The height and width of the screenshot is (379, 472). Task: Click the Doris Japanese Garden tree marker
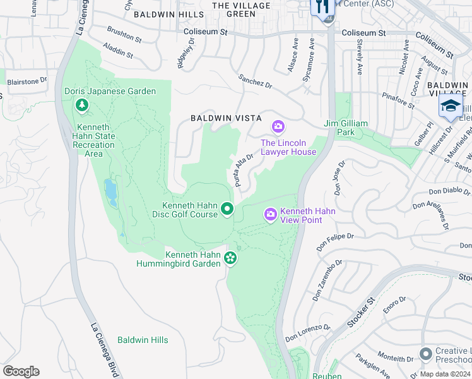pos(81,105)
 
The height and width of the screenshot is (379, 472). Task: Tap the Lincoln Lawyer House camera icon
pos(278,128)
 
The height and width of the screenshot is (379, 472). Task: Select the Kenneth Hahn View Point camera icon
pos(271,216)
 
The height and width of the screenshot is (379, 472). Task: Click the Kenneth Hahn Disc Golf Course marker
pos(227,210)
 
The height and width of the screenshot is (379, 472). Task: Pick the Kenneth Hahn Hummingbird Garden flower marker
pos(230,258)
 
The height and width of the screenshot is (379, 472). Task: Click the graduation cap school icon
pos(451,106)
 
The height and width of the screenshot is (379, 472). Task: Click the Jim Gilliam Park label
pos(345,128)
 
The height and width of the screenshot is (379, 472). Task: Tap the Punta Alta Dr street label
pos(244,170)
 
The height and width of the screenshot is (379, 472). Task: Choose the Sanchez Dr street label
pos(255,81)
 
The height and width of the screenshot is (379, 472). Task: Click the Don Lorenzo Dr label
pos(308,333)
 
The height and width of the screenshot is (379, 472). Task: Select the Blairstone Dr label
pos(27,81)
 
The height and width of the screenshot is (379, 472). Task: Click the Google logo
pos(21,371)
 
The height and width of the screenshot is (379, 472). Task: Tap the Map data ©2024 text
pos(444,374)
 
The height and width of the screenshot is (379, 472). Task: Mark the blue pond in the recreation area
pos(111,193)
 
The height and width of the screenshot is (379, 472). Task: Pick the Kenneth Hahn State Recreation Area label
pos(92,145)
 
